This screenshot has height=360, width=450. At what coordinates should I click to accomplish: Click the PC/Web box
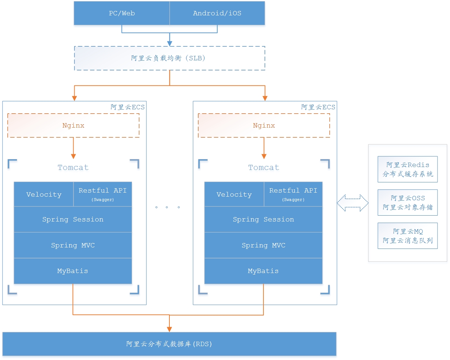[x=122, y=13]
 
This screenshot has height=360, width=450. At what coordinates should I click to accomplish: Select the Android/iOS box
[x=217, y=13]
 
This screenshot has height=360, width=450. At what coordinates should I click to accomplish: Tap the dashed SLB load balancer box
[x=169, y=58]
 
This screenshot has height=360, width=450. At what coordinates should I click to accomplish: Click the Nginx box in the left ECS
[x=73, y=125]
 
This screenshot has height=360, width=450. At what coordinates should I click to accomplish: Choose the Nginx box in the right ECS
[x=264, y=125]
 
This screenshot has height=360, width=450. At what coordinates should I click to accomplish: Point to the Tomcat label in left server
[x=73, y=167]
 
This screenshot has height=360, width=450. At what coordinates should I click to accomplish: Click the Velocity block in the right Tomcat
[x=234, y=194]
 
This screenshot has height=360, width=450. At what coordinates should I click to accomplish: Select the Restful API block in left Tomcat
[x=102, y=194]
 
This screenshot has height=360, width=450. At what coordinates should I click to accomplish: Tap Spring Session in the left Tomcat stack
[x=73, y=219]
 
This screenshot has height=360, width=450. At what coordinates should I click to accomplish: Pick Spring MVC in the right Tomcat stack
[x=263, y=245]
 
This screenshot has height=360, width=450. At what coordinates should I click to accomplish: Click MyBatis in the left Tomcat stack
[x=73, y=271]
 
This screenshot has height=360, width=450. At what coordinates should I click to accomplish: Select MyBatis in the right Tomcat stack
[x=263, y=271]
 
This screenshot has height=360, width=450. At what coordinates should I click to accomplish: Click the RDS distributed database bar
[x=169, y=344]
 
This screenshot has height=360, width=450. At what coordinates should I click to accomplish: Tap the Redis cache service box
[x=408, y=169]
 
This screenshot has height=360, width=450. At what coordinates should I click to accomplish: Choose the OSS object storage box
[x=408, y=202]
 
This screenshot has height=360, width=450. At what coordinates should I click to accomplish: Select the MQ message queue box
[x=408, y=236]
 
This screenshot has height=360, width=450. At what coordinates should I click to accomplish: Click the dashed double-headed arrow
[x=352, y=203]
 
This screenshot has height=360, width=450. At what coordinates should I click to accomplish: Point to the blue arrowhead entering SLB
[x=169, y=43]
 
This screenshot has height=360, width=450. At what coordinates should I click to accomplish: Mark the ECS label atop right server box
[x=318, y=107]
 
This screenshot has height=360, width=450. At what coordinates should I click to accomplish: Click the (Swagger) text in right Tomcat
[x=293, y=200]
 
